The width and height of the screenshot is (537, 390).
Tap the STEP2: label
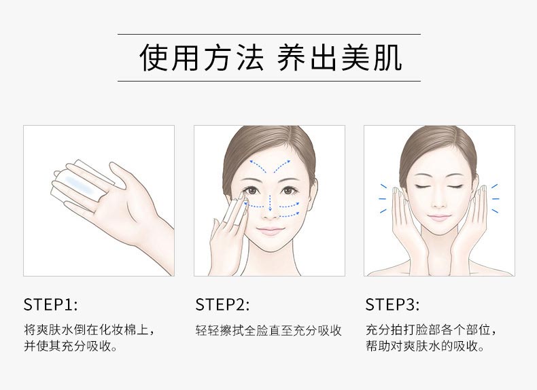[x=222, y=304]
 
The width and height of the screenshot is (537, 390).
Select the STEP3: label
[x=392, y=304]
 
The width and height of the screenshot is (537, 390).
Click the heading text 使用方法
[x=201, y=58]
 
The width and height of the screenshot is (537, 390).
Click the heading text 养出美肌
[x=339, y=58]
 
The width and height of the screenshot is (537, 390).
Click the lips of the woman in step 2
[x=270, y=230]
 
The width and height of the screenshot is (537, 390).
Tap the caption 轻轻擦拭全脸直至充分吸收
[x=268, y=331]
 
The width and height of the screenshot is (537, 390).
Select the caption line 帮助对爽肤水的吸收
[x=425, y=347]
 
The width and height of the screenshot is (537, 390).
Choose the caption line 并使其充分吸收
[x=70, y=347]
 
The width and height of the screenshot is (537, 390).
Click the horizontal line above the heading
[x=268, y=34]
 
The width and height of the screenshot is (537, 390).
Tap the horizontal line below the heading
[x=268, y=81]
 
